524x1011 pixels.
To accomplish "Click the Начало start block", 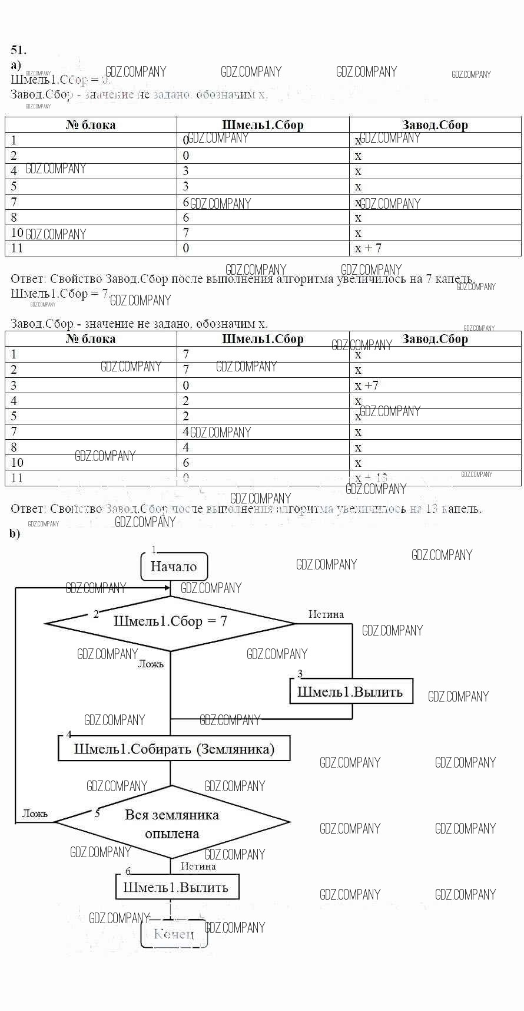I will point(174,567).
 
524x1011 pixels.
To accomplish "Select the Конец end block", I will point(174,933).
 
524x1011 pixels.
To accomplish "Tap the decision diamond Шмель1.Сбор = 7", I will point(170,622).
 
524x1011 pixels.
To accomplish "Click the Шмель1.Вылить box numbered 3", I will point(351,691).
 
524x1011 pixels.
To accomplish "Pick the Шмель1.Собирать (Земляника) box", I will point(174,749).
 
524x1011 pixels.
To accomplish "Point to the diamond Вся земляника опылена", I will point(172,823).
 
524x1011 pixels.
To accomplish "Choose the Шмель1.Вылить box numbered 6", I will point(177,887).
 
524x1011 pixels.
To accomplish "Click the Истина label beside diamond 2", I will point(326,614).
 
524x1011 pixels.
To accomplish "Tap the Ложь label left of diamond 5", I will point(35,814).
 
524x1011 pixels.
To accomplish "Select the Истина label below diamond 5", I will point(198,866).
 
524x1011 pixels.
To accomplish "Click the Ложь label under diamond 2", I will point(151,664).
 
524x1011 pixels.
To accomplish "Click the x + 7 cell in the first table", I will point(369,248).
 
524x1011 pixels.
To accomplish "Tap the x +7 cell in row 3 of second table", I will point(367,386).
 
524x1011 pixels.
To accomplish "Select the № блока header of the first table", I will point(91,125).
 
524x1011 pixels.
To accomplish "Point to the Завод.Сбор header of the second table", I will point(435,339).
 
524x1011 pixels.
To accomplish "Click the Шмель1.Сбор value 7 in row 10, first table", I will point(186,233).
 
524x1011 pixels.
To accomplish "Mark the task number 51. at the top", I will point(18,50).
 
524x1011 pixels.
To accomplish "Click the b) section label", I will point(15,534).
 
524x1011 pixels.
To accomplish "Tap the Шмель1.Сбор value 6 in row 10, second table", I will point(186,463).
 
